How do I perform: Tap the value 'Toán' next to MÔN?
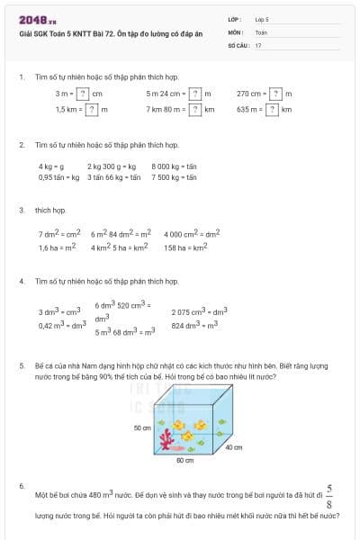click(261, 31)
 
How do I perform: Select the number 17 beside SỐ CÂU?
click(258, 44)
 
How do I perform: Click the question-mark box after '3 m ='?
click(83, 94)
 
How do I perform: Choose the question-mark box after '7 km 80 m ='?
click(194, 109)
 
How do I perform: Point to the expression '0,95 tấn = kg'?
click(59, 177)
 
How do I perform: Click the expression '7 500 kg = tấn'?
click(174, 177)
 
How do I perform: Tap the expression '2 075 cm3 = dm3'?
click(199, 311)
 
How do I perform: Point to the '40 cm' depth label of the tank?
click(233, 447)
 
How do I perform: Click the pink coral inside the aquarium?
click(166, 437)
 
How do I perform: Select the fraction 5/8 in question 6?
click(329, 495)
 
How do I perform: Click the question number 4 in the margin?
click(21, 281)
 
